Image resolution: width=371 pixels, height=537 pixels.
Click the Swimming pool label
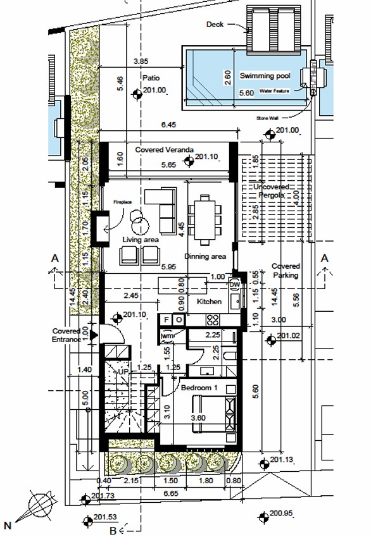point(265,76)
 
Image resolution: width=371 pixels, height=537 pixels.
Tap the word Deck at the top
point(215,25)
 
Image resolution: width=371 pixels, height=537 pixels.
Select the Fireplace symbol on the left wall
point(99,228)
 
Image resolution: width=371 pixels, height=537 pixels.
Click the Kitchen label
point(209,302)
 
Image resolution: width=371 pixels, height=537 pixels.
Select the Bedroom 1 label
point(199,387)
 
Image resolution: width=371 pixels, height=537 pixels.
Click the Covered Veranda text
point(164,150)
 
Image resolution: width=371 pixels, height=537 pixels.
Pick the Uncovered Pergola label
point(272,192)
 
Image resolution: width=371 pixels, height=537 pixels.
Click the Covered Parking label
point(286,271)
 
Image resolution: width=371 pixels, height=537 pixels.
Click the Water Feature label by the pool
point(275,92)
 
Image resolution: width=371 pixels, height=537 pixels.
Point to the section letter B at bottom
point(113,530)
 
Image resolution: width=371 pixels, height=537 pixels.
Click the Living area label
point(140,240)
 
